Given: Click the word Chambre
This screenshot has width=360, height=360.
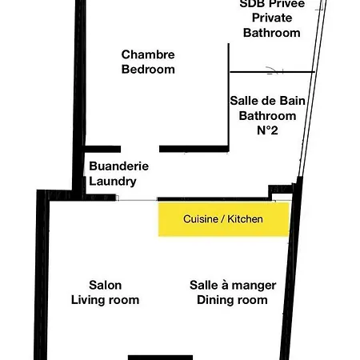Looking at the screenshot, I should coord(148,54).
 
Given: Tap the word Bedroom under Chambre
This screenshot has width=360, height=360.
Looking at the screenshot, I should coord(148,69).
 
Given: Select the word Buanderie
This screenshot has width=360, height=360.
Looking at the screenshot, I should coord(118,166).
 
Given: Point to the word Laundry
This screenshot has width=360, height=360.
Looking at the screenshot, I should coord(113,181).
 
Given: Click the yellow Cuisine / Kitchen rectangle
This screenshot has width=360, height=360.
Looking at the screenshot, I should coord(224,219).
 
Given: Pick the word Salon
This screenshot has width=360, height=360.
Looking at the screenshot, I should coord(105,285).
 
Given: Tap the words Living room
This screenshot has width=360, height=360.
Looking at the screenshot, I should coord(105,300).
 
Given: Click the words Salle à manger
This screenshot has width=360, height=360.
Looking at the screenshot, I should coord(233,285).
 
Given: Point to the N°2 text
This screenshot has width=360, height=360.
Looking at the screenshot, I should coord(268,130).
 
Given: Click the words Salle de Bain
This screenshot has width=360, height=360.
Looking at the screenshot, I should coord(268,100).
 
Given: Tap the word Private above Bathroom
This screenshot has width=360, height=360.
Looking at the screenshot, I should coord(271,18).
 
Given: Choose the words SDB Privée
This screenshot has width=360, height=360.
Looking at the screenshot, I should coord(271,4).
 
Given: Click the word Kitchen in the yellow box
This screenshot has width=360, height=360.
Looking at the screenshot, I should coord(246,219).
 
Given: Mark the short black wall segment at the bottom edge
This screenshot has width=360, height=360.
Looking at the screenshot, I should coord(160,357).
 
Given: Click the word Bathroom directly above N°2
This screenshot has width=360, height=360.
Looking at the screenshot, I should coord(268,114).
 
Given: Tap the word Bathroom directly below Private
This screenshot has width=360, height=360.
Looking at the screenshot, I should coord(271,33).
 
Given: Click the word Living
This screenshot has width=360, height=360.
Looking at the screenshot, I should coord(88,300).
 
